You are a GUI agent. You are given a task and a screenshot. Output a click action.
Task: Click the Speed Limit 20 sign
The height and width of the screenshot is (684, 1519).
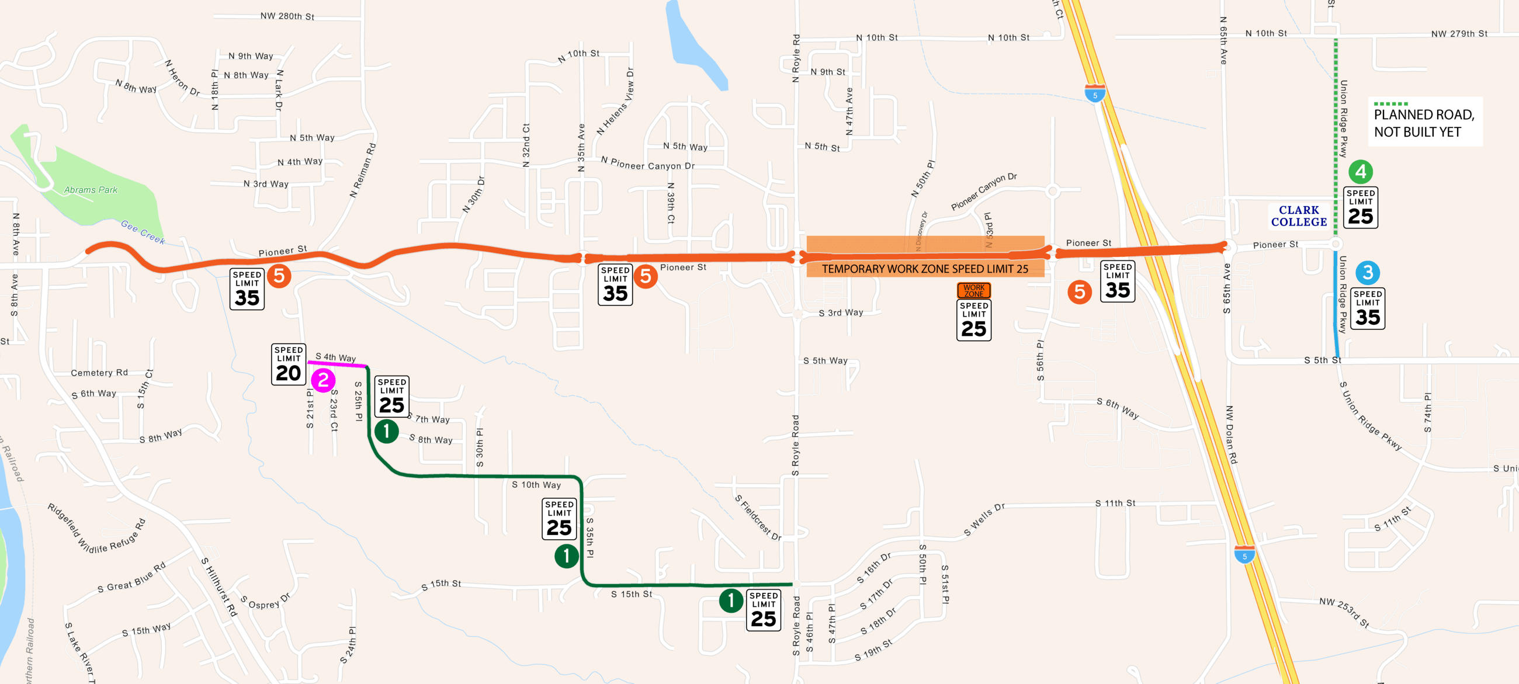(x=289, y=364)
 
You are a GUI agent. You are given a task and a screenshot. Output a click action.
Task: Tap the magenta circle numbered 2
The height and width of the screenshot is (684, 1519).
(x=323, y=380)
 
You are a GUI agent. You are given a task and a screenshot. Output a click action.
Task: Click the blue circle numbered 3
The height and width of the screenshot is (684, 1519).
(x=1368, y=272)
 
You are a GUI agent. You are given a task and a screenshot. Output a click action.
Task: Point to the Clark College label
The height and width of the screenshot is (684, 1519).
(x=1299, y=216)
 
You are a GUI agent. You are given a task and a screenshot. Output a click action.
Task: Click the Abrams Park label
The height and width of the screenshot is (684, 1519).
(x=90, y=190)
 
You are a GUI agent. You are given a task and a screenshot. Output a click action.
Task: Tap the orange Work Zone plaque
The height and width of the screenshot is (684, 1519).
(x=973, y=290)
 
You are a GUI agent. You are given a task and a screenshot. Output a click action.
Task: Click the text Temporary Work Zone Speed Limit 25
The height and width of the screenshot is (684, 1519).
(x=925, y=269)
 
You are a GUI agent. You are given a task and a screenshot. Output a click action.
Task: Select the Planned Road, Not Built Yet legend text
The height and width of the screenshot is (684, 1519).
(x=1423, y=123)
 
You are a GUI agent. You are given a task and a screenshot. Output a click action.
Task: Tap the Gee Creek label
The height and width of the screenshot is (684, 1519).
(x=143, y=232)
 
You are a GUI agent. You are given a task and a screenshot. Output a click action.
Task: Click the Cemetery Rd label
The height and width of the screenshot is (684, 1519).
(x=99, y=373)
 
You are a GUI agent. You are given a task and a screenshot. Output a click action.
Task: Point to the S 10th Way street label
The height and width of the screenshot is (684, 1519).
(x=536, y=485)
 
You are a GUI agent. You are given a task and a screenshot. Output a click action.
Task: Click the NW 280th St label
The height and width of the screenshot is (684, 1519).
(x=287, y=16)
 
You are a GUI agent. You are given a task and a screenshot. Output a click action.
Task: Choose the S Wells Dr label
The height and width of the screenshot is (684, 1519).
(x=984, y=520)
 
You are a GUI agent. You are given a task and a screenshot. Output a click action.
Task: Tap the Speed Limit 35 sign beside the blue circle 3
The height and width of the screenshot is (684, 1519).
(x=1368, y=308)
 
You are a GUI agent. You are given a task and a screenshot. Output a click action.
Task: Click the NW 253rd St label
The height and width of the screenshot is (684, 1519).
(x=1344, y=613)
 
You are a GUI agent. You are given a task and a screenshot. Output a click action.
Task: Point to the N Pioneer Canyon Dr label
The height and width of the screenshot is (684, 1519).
(x=647, y=164)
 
